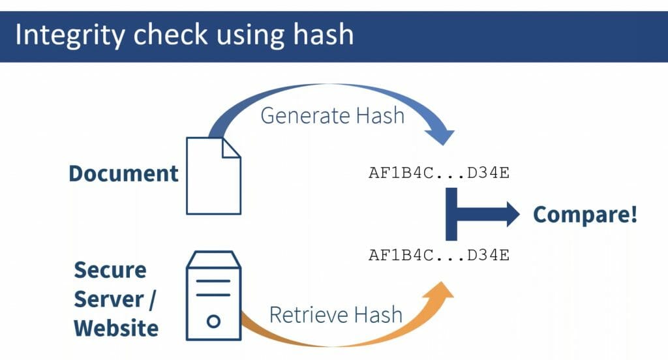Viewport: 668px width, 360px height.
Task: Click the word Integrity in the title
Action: [x=70, y=35]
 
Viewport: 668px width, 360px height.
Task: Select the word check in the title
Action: [x=170, y=35]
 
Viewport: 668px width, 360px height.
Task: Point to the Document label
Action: [x=123, y=173]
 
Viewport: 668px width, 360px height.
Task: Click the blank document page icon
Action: [x=213, y=175]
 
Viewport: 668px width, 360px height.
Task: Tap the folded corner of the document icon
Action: [x=232, y=147]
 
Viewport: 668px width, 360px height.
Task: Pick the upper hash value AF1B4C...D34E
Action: [x=439, y=173]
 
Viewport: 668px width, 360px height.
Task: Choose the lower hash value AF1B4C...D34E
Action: [x=439, y=255]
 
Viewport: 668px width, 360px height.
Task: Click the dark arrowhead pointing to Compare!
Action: [x=513, y=214]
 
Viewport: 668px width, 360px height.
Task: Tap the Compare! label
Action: [x=585, y=215]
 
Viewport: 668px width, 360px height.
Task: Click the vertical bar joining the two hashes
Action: [x=451, y=214]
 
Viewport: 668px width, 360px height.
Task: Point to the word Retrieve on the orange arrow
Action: [x=309, y=315]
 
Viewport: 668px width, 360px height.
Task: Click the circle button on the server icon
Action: [x=213, y=321]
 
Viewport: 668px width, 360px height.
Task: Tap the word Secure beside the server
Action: [x=110, y=270]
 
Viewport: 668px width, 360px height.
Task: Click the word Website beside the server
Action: [x=116, y=328]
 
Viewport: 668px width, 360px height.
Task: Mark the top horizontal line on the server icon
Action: [x=213, y=281]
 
